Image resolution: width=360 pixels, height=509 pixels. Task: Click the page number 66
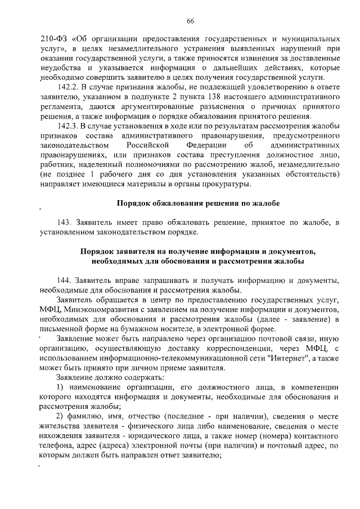[x=190, y=21]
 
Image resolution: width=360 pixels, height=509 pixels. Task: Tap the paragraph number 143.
[x=64, y=224]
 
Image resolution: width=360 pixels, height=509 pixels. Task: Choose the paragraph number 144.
[x=64, y=281]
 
